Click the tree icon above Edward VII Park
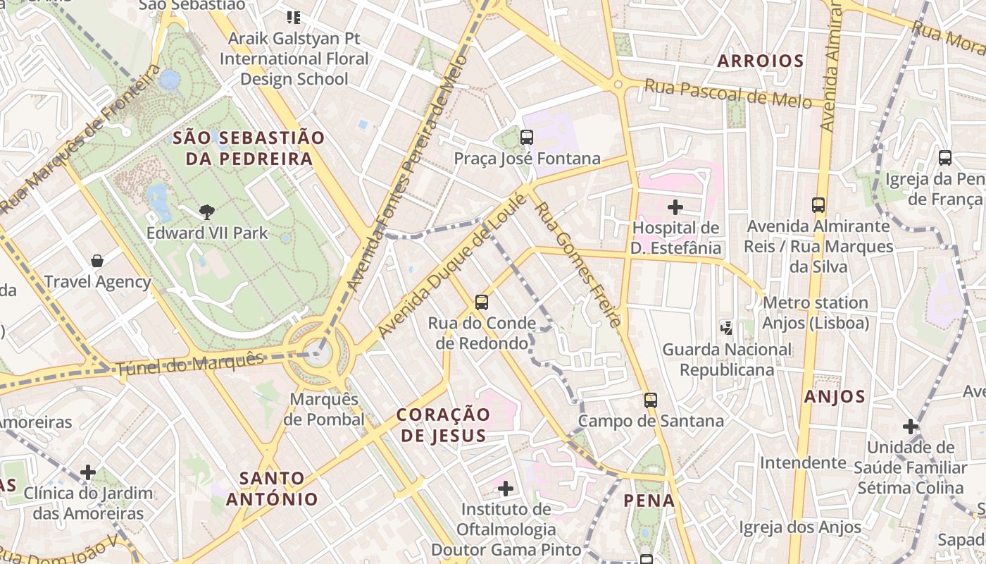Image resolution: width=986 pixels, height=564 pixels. click(206, 211)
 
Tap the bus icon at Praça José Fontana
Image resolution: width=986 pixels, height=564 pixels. click(526, 137)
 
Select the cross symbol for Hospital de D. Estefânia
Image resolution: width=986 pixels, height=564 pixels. click(675, 207)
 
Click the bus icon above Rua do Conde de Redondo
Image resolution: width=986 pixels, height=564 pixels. click(482, 302)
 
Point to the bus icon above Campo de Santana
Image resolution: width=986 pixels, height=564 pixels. click(651, 400)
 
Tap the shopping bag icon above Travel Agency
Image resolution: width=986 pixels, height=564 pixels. click(97, 261)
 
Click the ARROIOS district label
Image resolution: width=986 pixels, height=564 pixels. click(760, 61)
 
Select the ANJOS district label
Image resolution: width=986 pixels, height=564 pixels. click(835, 396)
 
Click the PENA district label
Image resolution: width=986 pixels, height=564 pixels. click(649, 501)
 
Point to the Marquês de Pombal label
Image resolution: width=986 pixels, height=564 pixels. click(327, 410)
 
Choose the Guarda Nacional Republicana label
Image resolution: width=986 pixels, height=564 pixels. click(727, 360)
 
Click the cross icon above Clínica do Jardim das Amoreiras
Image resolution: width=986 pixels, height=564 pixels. click(88, 472)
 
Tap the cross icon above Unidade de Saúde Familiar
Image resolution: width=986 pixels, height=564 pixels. click(911, 427)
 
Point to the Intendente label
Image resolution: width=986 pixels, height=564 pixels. click(802, 463)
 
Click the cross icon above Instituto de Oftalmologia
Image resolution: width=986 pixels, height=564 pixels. click(505, 488)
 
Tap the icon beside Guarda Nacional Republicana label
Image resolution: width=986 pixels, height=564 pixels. click(727, 328)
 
